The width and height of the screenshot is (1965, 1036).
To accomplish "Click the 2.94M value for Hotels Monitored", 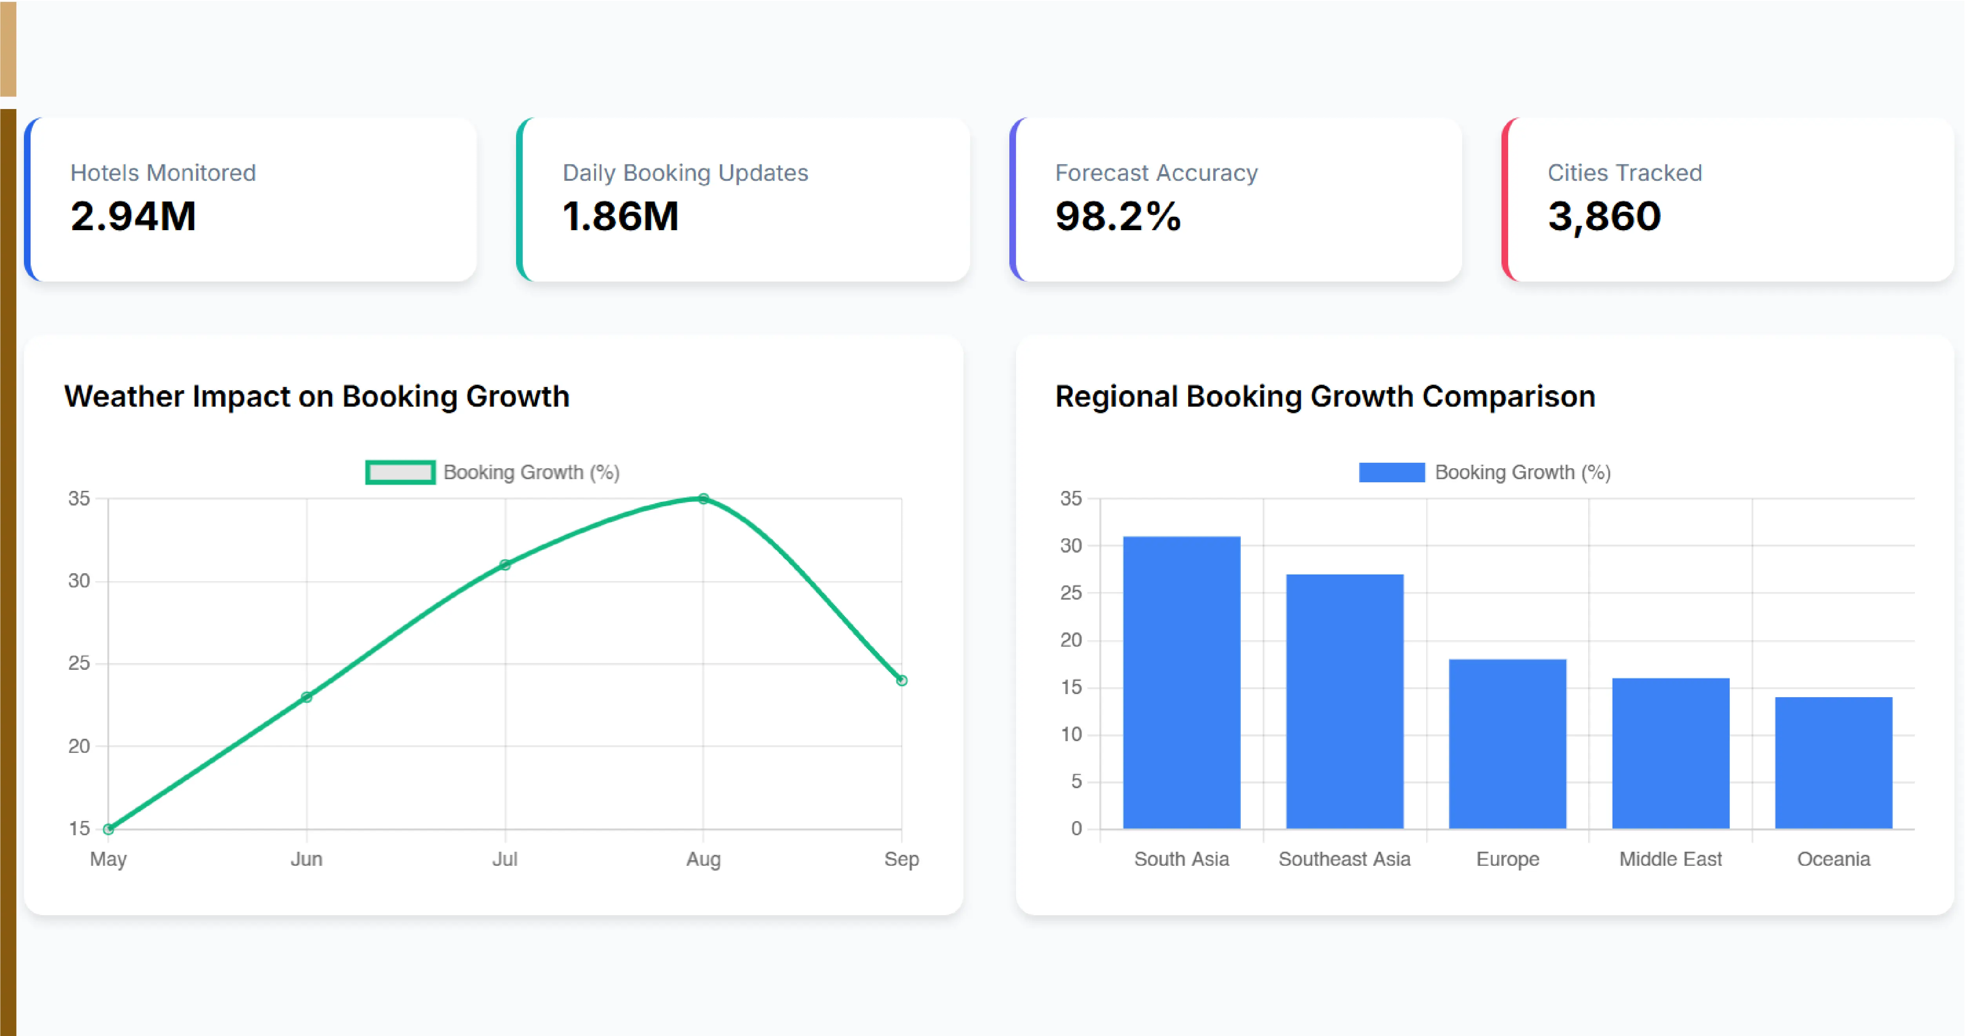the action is (133, 216).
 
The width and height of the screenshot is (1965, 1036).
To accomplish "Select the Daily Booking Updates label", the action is (685, 173).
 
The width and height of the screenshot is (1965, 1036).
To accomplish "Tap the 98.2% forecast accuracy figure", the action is (1118, 216).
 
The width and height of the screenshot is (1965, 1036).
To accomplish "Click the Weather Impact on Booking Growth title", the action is (316, 397).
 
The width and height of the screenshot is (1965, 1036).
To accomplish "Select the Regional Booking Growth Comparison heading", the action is (1325, 397).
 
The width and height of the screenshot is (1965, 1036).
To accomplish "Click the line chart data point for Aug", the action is (703, 499).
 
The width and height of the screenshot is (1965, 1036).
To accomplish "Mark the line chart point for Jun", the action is (307, 696).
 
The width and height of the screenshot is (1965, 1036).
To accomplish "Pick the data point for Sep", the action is (902, 680).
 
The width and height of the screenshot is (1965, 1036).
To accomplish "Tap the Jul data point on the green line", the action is (505, 565).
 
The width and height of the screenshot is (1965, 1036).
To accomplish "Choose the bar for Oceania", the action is (1834, 763).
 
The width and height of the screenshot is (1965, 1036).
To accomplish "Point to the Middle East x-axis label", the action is (1671, 859).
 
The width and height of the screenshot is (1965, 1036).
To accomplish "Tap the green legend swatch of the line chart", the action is (400, 472).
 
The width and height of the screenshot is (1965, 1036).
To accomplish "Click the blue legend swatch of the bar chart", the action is (1391, 472).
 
